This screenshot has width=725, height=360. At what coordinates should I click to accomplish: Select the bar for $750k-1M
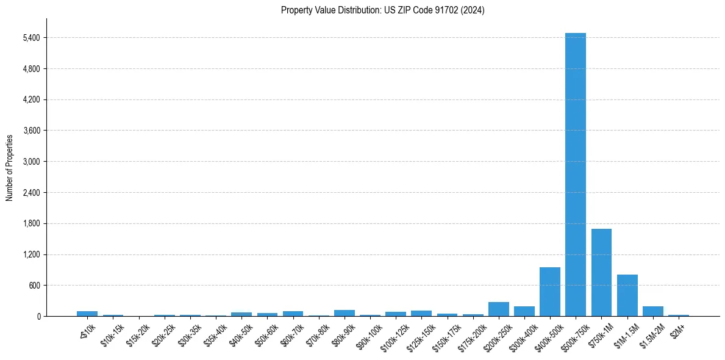point(601,272)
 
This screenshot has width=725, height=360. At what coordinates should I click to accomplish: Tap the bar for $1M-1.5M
point(627,295)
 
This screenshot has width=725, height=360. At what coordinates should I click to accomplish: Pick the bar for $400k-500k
point(549,292)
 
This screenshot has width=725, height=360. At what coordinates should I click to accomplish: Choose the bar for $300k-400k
point(524,311)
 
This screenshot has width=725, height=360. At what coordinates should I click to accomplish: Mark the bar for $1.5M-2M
point(652,311)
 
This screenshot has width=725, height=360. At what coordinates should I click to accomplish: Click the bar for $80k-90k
point(344,313)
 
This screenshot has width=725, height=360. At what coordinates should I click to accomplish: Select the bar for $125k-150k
point(421,313)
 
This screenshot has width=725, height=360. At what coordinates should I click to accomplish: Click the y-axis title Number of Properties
point(9,167)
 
